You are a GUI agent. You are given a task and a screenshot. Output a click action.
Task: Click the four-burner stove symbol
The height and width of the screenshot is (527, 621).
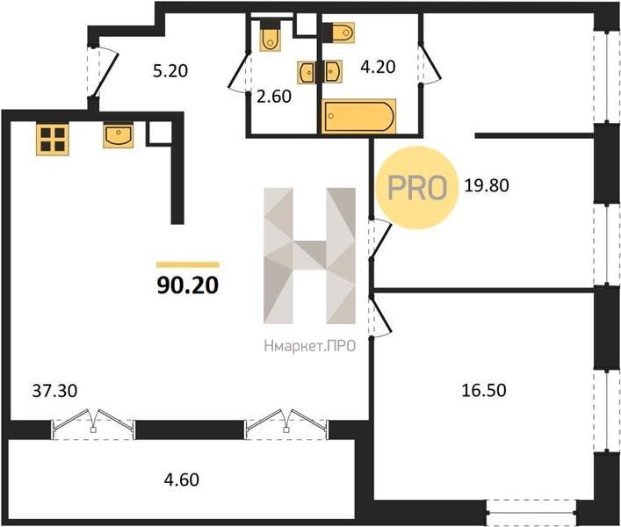pos(53,139)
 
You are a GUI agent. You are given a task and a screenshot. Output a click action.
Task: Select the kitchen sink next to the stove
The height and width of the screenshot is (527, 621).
pos(118,135)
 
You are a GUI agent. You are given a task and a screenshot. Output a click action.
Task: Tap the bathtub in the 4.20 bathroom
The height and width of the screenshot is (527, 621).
pos(359,117)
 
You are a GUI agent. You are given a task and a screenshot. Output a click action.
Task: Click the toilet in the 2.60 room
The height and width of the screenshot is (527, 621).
pos(271,36)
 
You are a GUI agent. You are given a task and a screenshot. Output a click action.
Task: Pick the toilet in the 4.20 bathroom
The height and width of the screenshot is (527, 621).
pos(338,32)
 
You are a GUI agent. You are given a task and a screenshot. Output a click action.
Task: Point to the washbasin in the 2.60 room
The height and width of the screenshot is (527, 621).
pos(307,72)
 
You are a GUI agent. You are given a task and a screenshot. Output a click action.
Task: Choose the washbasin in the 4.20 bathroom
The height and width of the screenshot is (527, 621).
pos(333,72)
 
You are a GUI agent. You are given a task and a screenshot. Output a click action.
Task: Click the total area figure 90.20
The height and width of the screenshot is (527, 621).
pos(188,285)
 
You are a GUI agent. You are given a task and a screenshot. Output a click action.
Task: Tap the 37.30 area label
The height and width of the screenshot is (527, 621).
pos(54,391)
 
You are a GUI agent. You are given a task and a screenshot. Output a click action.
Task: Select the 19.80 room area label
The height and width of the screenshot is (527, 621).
pos(487,185)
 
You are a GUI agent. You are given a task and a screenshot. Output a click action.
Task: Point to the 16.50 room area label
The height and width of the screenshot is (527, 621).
pos(484,390)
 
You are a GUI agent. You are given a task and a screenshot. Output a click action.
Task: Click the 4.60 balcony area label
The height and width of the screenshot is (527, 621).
pos(182,480)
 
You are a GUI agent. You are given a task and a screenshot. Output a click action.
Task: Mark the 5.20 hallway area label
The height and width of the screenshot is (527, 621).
pos(170,71)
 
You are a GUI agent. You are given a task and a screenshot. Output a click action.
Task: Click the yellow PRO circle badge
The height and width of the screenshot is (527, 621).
pos(417,187)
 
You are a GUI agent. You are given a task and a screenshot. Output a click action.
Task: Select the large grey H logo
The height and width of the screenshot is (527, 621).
pos(310,256)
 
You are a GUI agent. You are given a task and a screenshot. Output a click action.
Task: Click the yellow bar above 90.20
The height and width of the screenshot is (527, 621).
pos(188,264)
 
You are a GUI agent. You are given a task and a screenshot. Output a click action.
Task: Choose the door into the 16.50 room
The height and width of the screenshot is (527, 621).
pos(379,316)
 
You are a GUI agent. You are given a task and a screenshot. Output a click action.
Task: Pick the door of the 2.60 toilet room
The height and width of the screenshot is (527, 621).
pos(239,72)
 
